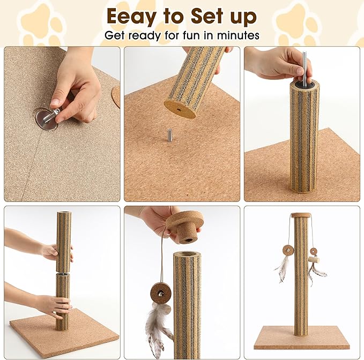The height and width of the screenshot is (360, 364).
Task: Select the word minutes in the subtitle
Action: coord(239,36)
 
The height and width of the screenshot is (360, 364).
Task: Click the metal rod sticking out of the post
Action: coord(304,67)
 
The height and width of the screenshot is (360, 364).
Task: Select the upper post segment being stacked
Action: coord(63,241)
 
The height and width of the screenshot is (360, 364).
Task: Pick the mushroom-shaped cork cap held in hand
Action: coord(184,225)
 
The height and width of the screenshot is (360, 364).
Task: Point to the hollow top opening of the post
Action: coord(187,255)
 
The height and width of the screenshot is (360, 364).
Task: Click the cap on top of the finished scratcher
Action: coord(301,215)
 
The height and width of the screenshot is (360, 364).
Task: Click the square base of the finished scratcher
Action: coord(301,337)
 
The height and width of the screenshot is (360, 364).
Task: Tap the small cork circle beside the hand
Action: coord(116,95)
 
